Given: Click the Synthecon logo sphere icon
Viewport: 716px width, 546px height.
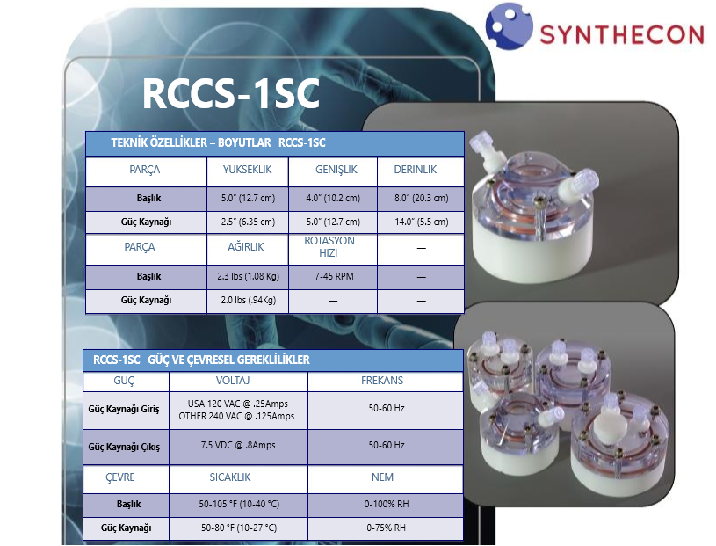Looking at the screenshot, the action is tap(509, 26).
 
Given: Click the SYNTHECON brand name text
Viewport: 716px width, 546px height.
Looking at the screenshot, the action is tap(622, 35).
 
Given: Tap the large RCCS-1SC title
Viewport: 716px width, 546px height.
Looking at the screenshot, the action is tap(230, 93).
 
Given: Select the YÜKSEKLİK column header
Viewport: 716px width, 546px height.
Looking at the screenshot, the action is tap(247, 170).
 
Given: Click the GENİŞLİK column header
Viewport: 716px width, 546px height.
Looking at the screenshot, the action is tap(336, 170).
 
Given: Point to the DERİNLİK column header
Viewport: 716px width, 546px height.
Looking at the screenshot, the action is tap(415, 170).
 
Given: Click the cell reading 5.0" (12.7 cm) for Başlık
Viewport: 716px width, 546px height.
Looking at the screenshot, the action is tap(248, 199).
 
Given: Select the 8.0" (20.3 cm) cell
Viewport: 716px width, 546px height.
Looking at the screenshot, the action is tap(422, 199).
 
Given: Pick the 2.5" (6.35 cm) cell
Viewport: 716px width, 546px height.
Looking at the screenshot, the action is tap(248, 222).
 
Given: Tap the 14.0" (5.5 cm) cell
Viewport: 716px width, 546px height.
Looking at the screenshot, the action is tap(422, 222).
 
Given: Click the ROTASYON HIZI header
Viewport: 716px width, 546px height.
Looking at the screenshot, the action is tap(329, 247).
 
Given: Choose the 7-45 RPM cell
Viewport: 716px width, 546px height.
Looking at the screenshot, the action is tap(334, 276).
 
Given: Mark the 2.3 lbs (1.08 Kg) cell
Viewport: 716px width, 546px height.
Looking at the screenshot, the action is tap(248, 276).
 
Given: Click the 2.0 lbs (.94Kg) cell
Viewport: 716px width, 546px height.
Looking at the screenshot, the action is tap(248, 300).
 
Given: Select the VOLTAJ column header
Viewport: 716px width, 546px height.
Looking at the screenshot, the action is tap(233, 380).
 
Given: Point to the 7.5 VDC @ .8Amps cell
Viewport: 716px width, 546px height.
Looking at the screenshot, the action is tap(238, 445).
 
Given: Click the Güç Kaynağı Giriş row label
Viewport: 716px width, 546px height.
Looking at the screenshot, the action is tap(124, 410).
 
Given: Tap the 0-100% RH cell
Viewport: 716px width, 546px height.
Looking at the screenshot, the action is tap(387, 504).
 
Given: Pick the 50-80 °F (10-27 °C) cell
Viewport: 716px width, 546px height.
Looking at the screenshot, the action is tap(239, 528).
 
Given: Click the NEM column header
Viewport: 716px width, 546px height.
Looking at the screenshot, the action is tap(382, 477).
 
